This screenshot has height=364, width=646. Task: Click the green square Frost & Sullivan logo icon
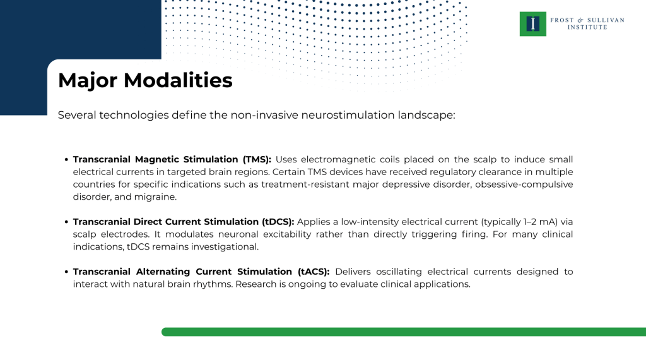point(533,24)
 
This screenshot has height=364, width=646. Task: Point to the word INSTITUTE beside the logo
point(587,27)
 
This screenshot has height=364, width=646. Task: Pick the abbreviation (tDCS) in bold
point(278,222)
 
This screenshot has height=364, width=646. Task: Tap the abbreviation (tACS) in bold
point(313,272)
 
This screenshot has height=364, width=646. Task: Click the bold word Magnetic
point(157,159)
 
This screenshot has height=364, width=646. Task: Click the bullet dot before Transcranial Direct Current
point(66,222)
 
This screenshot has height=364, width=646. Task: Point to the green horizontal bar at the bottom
point(404,332)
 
